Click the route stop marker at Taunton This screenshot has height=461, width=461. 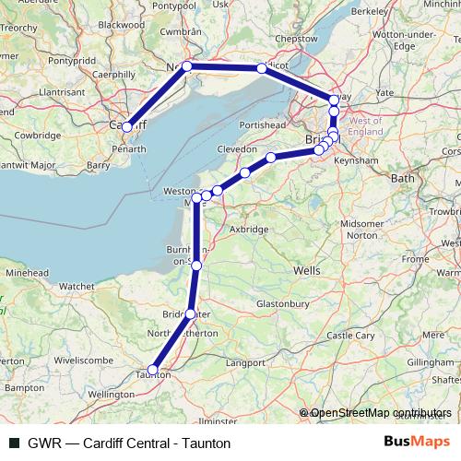pyautogui.click(x=153, y=371)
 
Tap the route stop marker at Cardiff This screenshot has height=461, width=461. pyautogui.click(x=127, y=126)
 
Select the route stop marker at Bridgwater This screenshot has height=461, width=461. pyautogui.click(x=190, y=314)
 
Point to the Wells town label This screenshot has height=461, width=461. pyautogui.click(x=305, y=271)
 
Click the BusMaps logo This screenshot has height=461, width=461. pyautogui.click(x=417, y=443)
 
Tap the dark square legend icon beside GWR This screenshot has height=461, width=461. pyautogui.click(x=13, y=443)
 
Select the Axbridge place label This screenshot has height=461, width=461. pyautogui.click(x=248, y=229)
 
